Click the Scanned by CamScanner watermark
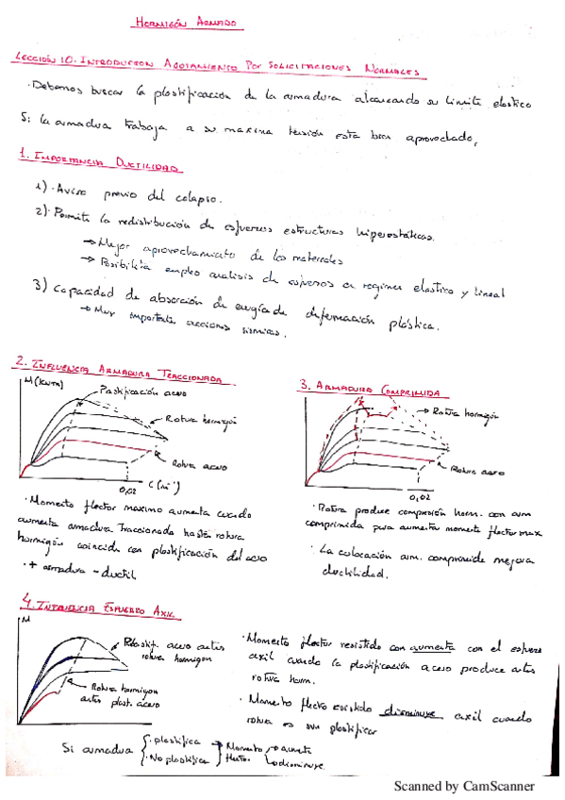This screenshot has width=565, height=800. click(x=463, y=785)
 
